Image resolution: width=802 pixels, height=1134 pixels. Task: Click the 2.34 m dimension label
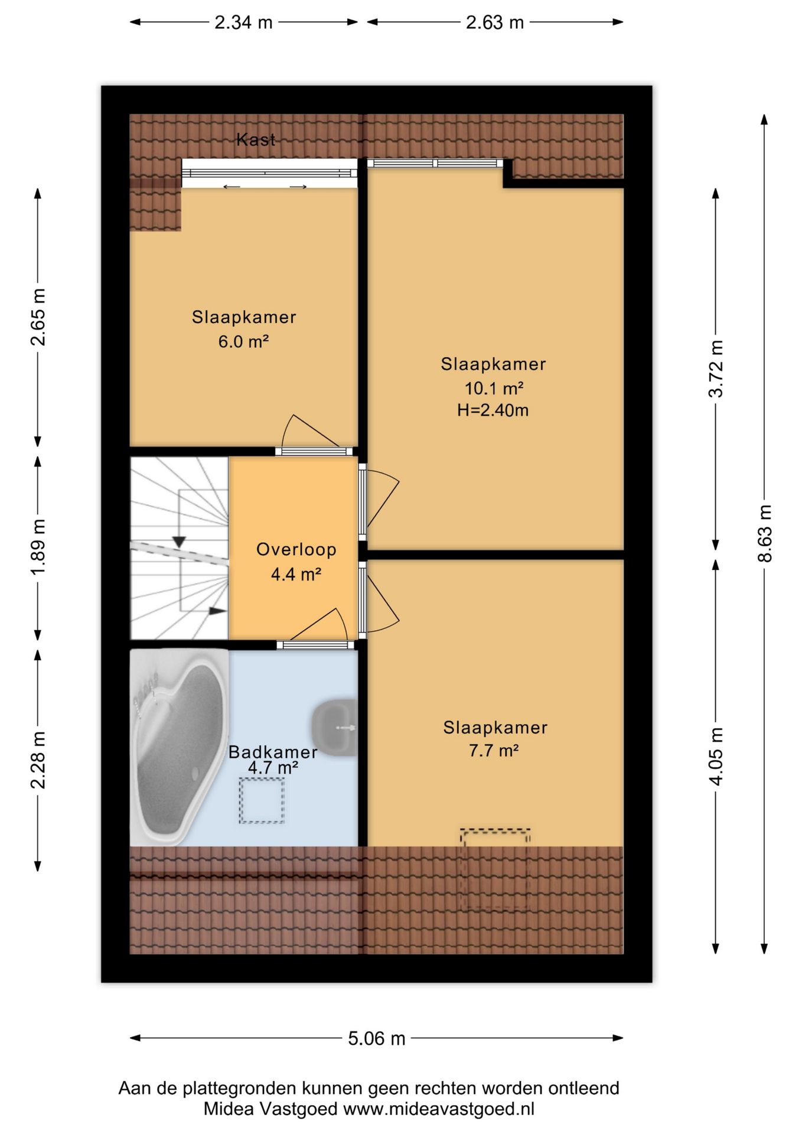coord(243,22)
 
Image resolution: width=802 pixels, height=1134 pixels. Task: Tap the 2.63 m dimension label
coord(495,22)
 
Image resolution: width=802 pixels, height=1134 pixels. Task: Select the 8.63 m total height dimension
coord(765,533)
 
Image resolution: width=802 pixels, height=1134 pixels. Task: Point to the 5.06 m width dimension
coord(377,1038)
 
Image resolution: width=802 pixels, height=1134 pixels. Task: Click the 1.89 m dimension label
coord(38,547)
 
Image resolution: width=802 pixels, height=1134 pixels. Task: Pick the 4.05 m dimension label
coord(716,757)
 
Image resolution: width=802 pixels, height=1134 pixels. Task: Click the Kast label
coord(256,139)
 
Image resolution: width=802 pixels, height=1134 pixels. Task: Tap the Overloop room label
coord(296,549)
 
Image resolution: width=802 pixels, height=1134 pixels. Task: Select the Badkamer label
coord(273,752)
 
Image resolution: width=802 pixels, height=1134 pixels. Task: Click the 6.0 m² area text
coord(243,341)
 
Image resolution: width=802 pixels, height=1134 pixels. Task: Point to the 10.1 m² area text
coord(494,388)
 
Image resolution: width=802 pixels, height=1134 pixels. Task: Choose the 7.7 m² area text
coord(494,751)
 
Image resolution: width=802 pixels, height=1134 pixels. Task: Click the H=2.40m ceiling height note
coord(493,410)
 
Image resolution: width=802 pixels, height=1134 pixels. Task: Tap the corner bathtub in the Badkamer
coord(180,748)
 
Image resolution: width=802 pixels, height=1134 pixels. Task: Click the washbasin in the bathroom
coord(335,728)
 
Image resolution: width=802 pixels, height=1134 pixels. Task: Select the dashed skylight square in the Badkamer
coord(262,800)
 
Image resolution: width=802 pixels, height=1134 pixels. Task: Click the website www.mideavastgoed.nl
coord(439,1109)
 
